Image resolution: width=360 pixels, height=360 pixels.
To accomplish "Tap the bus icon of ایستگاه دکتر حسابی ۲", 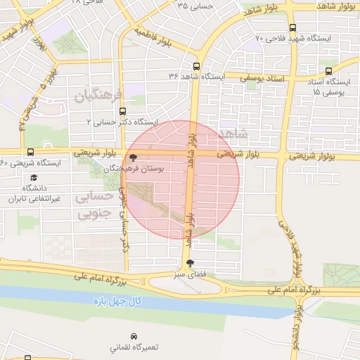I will pos(124,111).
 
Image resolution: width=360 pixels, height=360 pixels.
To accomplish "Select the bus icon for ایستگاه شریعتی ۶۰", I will pos(30,152).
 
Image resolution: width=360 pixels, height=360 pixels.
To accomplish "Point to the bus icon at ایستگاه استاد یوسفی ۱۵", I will pos(328,71).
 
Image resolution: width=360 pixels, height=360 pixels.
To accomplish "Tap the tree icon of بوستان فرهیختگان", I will pos(134,157).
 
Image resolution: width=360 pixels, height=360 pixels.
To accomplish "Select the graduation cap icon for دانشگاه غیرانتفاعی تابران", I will pos(34,177).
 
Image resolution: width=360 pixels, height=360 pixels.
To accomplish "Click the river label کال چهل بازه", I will pos(117,302).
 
